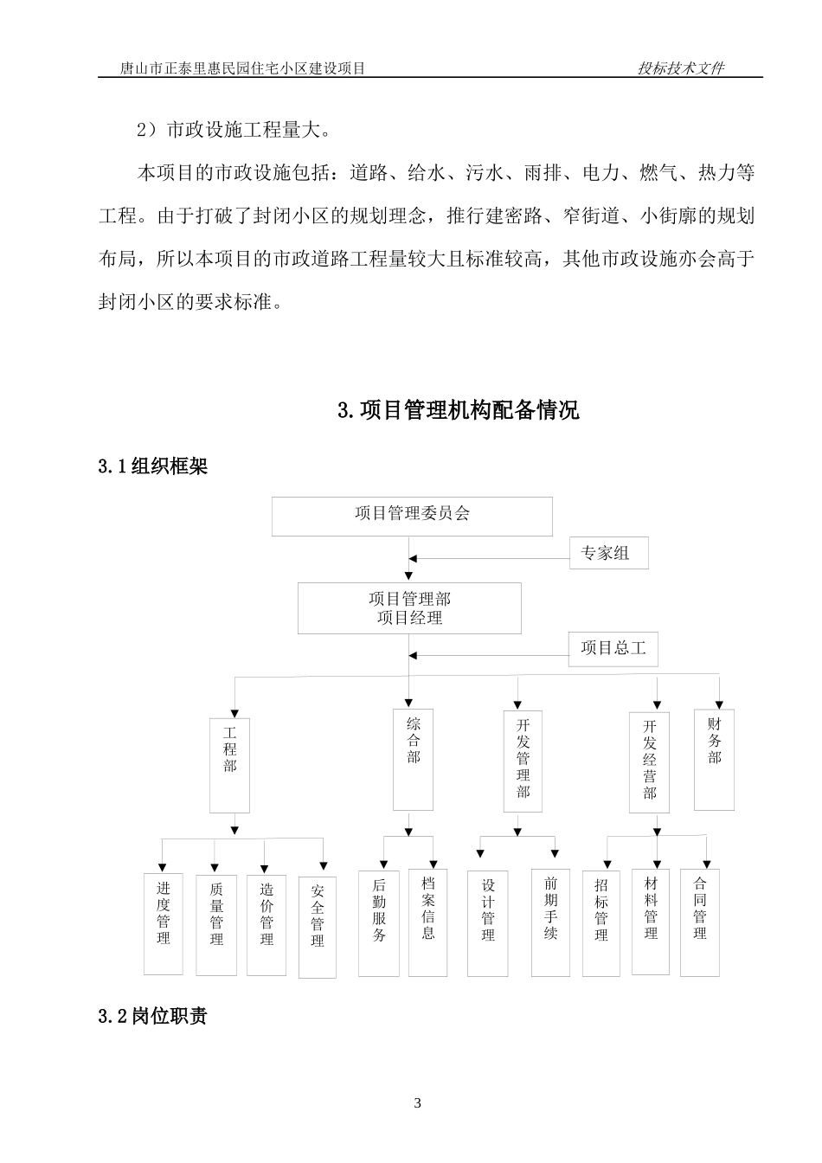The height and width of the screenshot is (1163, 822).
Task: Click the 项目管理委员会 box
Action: coord(412,516)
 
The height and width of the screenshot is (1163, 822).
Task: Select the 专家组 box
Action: coord(608,553)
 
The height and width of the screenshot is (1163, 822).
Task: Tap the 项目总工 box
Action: coord(613,648)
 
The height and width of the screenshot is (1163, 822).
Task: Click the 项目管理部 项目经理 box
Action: coord(409,608)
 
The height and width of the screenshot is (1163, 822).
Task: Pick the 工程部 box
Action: coord(229,765)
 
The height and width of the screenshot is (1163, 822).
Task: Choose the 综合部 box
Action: coord(413,760)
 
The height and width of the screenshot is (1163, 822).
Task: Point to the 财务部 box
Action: coord(714,760)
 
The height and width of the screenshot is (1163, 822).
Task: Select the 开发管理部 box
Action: coord(523,761)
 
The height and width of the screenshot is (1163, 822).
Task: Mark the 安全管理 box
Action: coord(318,927)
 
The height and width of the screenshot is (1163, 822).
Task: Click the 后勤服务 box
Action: coord(379,922)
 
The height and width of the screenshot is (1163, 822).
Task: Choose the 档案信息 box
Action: coord(428,921)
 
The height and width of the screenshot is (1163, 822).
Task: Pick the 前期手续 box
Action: coord(550,922)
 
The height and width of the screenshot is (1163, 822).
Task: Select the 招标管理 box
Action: coord(601,922)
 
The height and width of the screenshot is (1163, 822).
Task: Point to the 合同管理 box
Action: coord(700,921)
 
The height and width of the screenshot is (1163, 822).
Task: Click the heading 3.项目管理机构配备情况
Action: coord(458,410)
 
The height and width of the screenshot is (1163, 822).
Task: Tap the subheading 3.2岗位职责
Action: coord(153,1017)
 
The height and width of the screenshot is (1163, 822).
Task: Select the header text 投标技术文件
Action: coord(680,68)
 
